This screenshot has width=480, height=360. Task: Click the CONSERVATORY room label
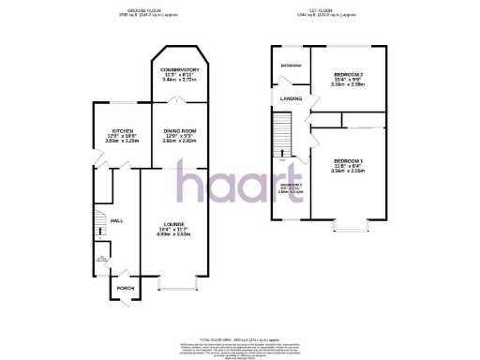[x=179, y=70]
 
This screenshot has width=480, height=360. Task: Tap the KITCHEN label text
[x=122, y=130]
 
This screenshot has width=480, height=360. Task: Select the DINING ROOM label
[x=178, y=130]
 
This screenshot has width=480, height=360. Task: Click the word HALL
[x=117, y=220]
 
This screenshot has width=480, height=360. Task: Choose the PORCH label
[x=125, y=288]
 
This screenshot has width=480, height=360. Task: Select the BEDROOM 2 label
[x=347, y=74]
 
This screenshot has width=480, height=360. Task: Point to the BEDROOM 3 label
[x=291, y=185]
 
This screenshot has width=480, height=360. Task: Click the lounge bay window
[x=176, y=281]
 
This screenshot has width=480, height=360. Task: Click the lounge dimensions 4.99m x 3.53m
[x=171, y=235]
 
